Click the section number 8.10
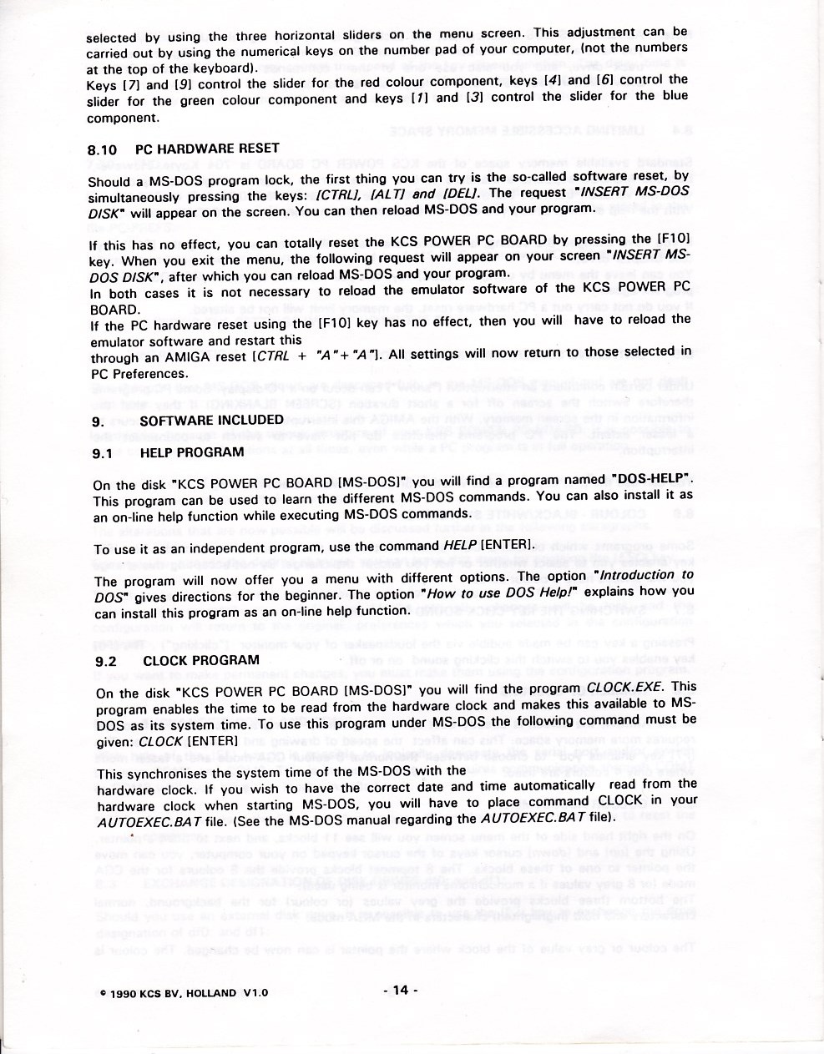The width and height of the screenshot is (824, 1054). [103, 151]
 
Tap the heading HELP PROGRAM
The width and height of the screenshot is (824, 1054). [192, 453]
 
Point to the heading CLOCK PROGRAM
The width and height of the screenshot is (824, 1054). [200, 660]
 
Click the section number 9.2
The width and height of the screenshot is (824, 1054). [106, 661]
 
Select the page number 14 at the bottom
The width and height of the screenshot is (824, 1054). [399, 991]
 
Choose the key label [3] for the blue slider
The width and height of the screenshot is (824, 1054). [477, 98]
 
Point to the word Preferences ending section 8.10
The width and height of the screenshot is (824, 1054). [151, 374]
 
